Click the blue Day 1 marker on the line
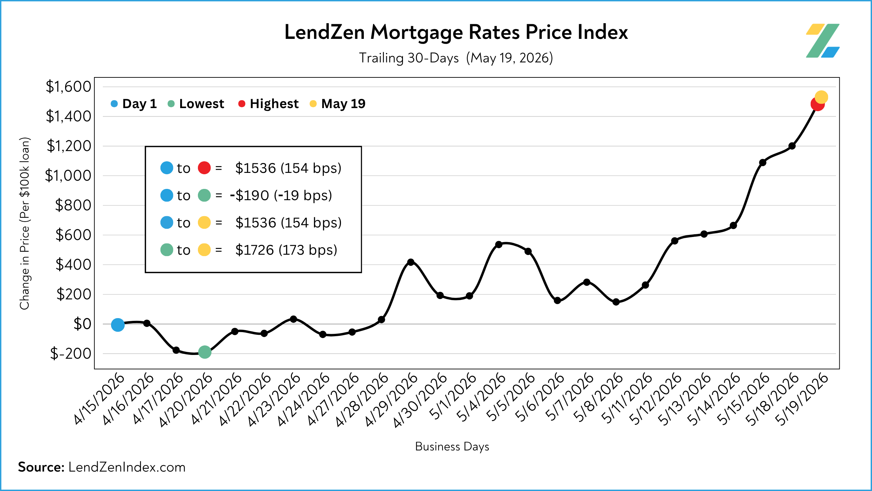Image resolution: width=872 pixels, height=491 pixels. click(x=118, y=325)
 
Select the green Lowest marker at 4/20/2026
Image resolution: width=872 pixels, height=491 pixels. click(x=205, y=352)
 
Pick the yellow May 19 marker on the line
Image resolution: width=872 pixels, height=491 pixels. click(x=821, y=97)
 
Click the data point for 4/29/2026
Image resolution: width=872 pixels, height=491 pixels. click(x=411, y=262)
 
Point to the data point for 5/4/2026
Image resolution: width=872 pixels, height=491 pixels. click(x=499, y=244)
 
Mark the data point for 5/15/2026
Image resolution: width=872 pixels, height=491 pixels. click(x=763, y=163)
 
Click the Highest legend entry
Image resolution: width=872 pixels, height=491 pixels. click(x=268, y=104)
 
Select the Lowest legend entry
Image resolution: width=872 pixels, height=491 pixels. click(x=196, y=104)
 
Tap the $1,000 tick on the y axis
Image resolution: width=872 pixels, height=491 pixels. click(x=68, y=176)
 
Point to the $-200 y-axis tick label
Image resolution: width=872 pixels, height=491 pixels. click(x=71, y=354)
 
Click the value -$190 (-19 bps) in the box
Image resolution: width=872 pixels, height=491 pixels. click(x=281, y=195)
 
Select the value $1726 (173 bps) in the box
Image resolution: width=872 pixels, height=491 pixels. click(x=286, y=250)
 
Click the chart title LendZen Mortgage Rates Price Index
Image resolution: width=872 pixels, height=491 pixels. click(x=456, y=32)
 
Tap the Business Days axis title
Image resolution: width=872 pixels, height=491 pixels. click(x=452, y=447)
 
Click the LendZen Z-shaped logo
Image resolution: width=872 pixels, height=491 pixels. click(x=823, y=41)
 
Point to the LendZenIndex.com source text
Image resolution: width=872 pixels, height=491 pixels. click(x=127, y=467)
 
